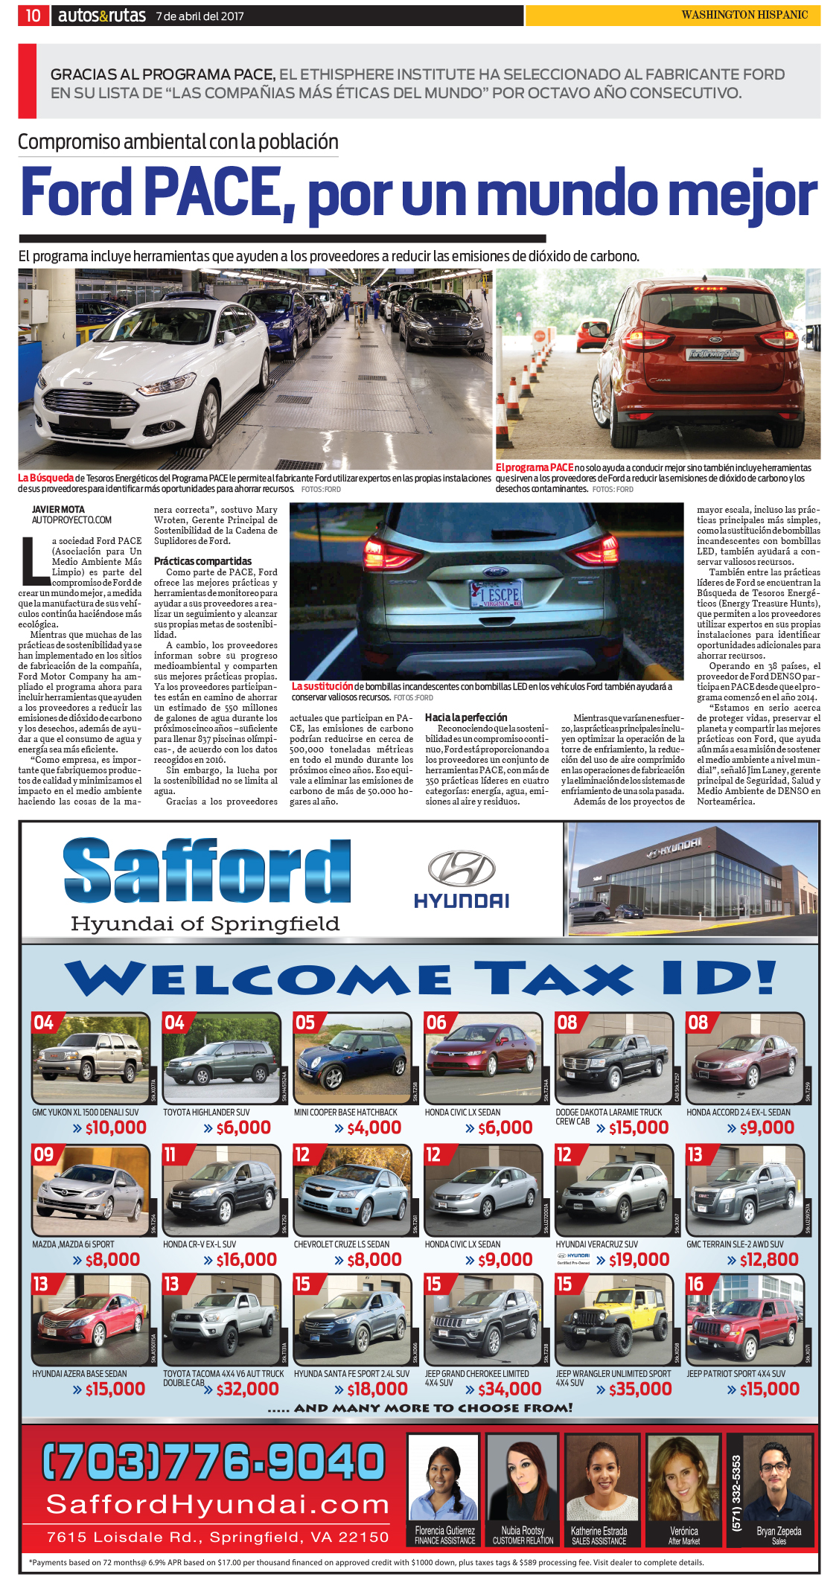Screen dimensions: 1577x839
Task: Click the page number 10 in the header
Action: [x=33, y=16]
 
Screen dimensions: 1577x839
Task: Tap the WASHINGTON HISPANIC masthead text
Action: [x=744, y=15]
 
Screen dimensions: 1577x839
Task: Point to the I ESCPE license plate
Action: [x=495, y=595]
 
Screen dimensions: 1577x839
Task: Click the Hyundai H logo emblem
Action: [x=462, y=869]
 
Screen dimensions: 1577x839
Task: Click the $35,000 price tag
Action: [x=639, y=1389]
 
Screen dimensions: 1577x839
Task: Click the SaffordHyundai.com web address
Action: [x=217, y=1504]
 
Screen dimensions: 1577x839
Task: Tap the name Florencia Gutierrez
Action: [x=444, y=1531]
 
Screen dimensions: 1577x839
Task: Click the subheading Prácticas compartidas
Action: [x=202, y=561]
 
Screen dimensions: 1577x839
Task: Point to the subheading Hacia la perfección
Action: [x=466, y=717]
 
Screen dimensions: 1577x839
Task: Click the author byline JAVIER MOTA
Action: [x=58, y=510]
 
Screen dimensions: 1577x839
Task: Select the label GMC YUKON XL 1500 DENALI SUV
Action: [x=85, y=1112]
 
